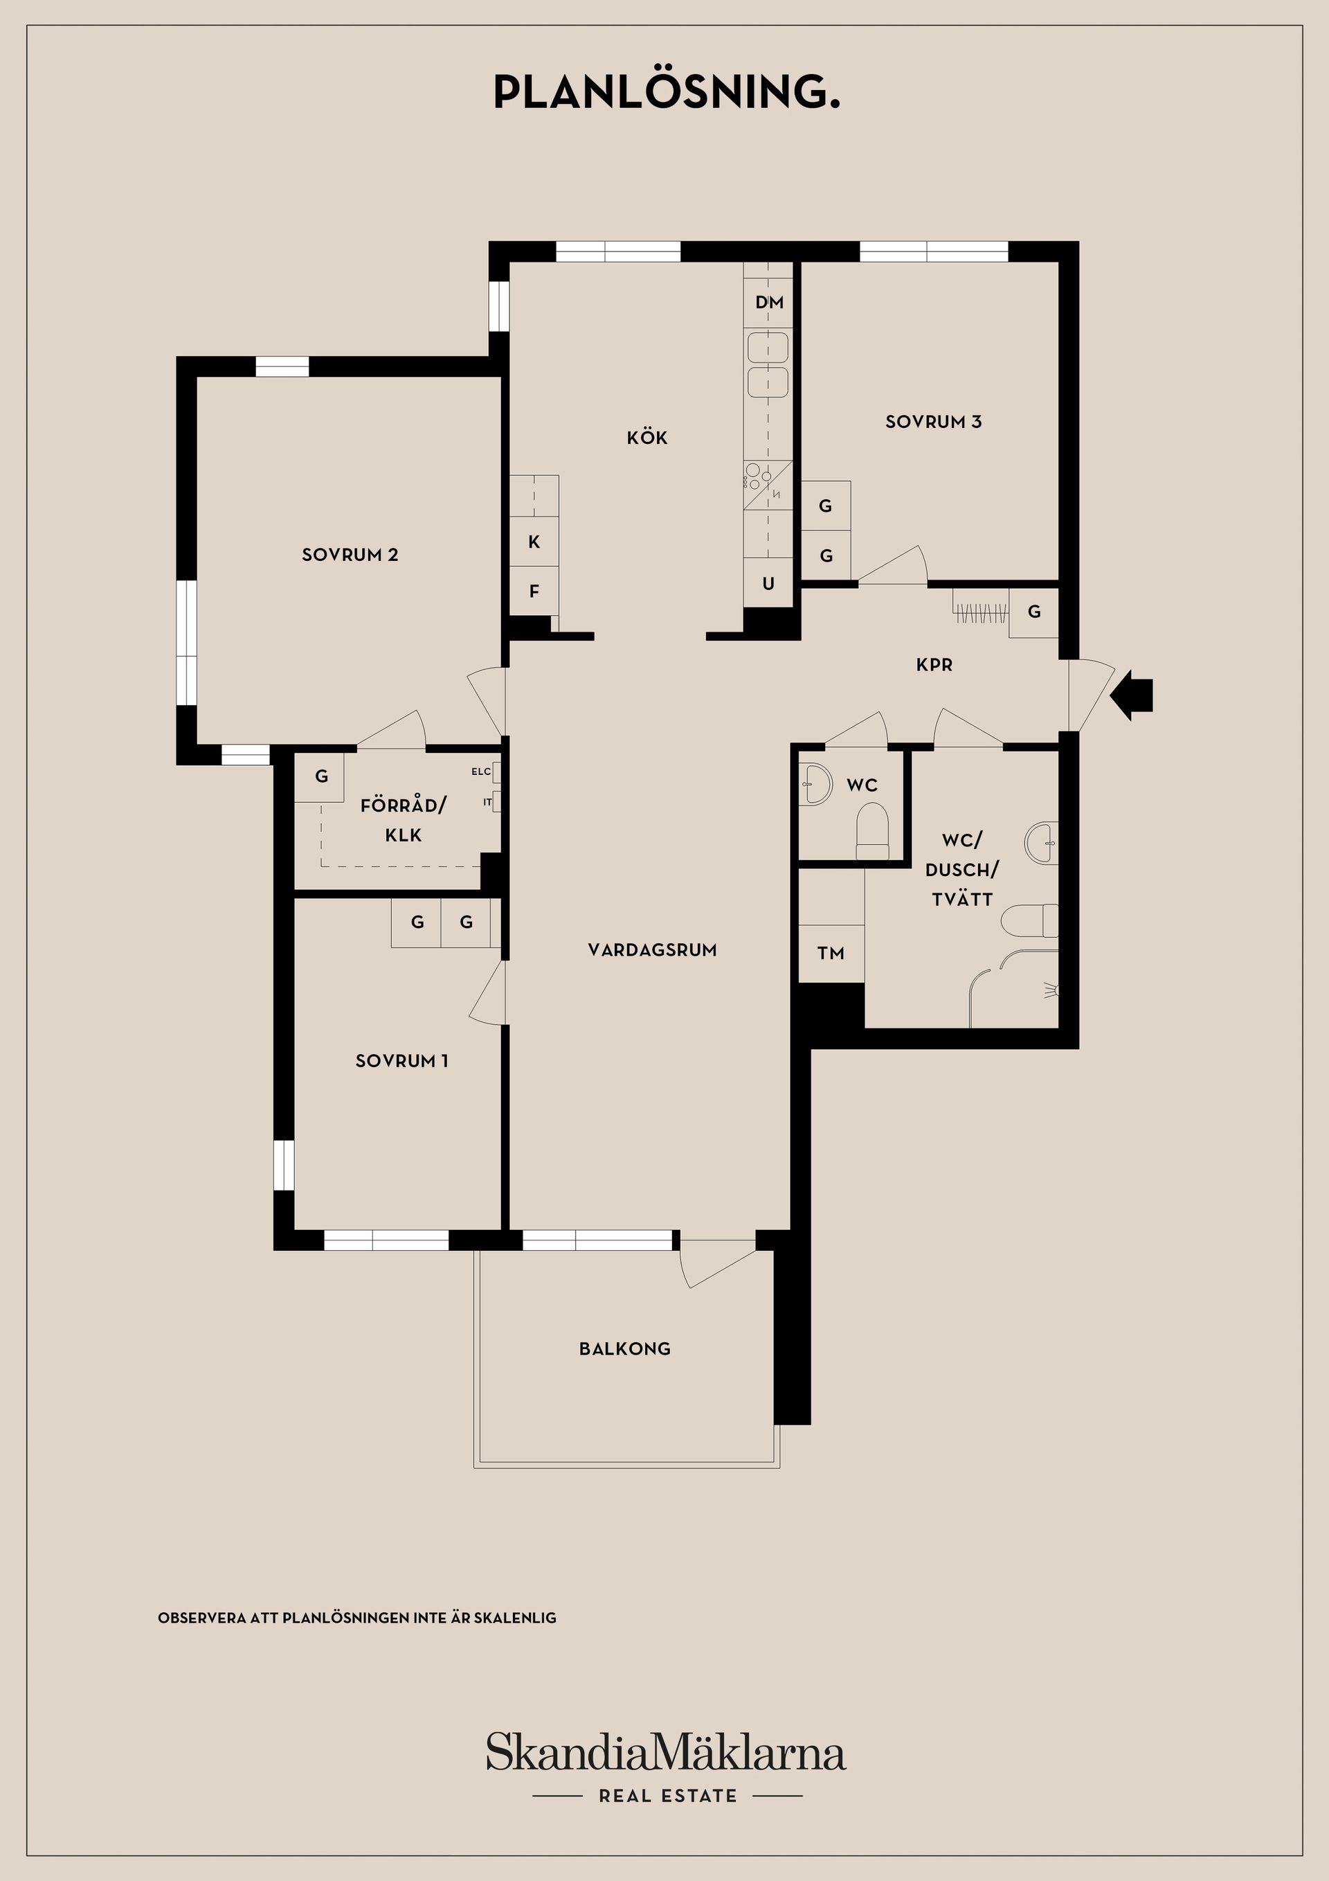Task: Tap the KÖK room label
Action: click(x=647, y=438)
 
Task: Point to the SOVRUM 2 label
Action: click(x=350, y=555)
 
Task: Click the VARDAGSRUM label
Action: click(x=652, y=950)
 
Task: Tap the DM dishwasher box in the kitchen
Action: click(x=769, y=302)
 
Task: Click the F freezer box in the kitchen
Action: click(x=534, y=591)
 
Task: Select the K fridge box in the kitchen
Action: click(x=534, y=542)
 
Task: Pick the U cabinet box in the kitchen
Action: click(x=768, y=583)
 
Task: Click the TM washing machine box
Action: click(x=831, y=953)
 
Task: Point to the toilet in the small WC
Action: click(x=871, y=829)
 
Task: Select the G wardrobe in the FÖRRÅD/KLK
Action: click(x=321, y=776)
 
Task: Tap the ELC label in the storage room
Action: click(x=480, y=772)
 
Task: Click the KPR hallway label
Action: click(x=934, y=666)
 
